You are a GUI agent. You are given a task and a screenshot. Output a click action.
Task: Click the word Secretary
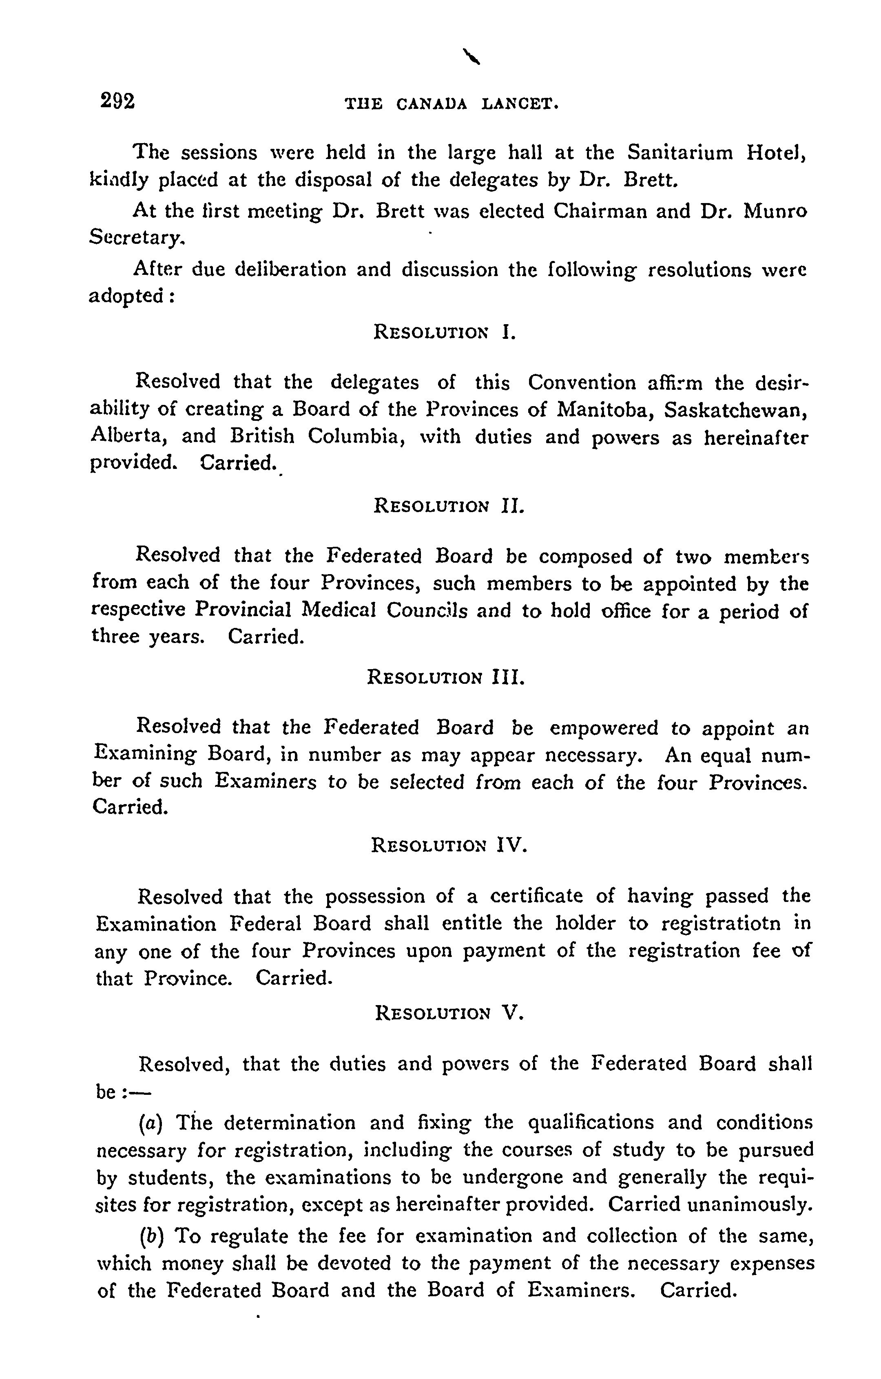click(x=137, y=238)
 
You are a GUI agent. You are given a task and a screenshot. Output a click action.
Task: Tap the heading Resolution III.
click(x=445, y=678)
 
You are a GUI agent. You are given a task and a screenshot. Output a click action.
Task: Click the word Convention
click(x=581, y=382)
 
